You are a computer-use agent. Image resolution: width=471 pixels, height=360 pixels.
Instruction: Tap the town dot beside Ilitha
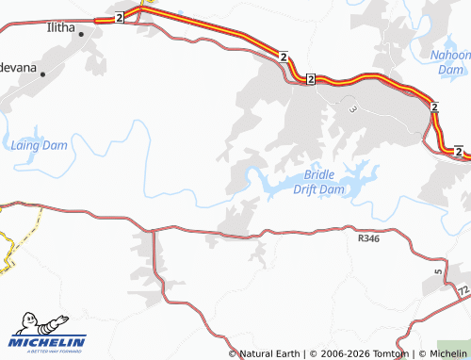(81, 35)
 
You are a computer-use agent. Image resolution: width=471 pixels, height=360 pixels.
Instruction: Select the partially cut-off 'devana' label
(19, 69)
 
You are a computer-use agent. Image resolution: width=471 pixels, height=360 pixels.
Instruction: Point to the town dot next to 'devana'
(42, 74)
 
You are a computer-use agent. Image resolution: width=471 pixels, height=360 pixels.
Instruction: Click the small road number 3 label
(353, 109)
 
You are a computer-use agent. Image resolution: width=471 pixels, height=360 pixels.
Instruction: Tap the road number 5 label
(438, 272)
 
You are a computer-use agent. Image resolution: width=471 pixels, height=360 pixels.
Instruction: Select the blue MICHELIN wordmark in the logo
(48, 341)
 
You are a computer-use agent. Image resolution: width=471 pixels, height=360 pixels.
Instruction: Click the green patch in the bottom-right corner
(455, 349)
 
